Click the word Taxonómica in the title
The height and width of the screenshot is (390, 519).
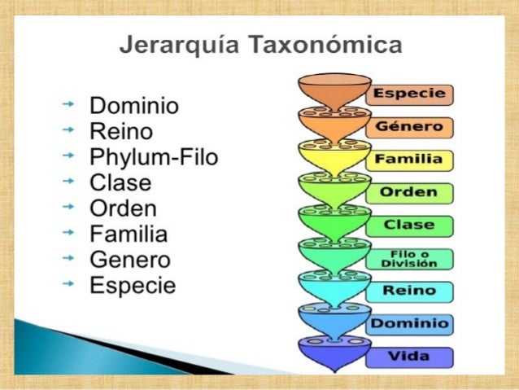point(333,44)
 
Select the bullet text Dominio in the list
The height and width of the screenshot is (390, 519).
point(134,107)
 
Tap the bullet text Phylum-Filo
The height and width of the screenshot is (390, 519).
point(154,157)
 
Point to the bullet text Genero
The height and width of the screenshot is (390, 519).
point(130,261)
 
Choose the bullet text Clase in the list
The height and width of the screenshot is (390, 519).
point(120,183)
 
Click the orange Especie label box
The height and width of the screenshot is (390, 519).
point(410,94)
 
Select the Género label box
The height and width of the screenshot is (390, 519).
point(410,127)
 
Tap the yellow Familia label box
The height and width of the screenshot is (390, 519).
point(410,160)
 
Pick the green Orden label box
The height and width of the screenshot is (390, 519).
point(410,193)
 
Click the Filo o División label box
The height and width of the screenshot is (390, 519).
point(410,259)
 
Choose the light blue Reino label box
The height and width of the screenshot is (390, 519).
point(410,291)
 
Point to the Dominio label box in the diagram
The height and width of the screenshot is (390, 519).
point(410,324)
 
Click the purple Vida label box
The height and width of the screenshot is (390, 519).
point(410,357)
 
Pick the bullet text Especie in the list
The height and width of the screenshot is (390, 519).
point(133,287)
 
